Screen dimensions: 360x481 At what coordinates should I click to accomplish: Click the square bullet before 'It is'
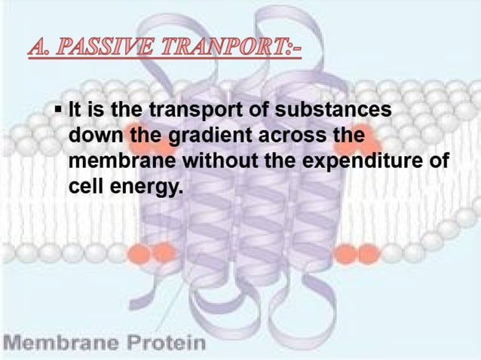(58, 111)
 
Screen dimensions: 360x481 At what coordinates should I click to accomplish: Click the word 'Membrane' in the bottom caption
(57, 343)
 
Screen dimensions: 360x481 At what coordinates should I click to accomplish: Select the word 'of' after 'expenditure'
(440, 160)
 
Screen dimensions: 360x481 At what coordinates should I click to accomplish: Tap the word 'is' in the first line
(96, 111)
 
